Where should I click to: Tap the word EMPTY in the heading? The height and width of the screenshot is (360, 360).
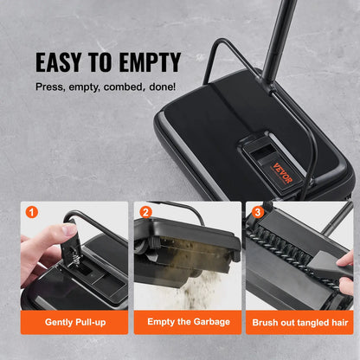[x=150, y=62]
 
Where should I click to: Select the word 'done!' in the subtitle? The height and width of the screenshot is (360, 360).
[x=162, y=87]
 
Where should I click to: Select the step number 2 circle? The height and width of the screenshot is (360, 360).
[x=145, y=210]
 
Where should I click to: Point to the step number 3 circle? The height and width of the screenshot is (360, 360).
[x=259, y=210]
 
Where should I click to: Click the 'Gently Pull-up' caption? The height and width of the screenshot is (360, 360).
[x=73, y=322]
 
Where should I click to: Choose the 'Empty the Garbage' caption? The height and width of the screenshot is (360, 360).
[x=187, y=322]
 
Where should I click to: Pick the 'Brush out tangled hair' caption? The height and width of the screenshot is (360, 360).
[x=300, y=322]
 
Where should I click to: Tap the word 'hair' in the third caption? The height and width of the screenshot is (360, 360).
[x=338, y=322]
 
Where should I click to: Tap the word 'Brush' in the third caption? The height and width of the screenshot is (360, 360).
[x=266, y=322]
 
